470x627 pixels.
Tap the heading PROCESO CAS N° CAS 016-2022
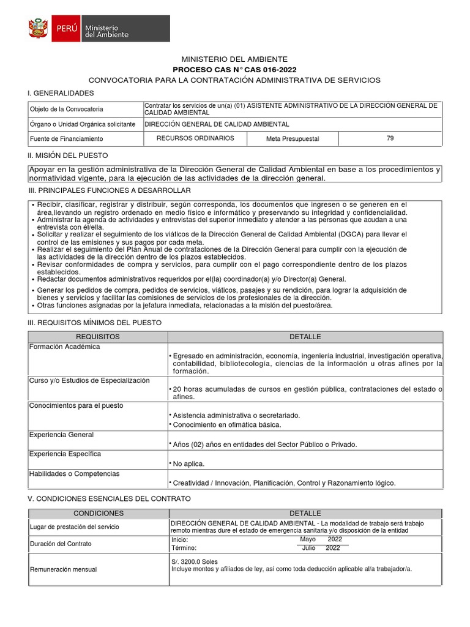[234, 70]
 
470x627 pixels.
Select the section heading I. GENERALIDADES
[60, 92]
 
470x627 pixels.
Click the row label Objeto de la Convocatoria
[67, 109]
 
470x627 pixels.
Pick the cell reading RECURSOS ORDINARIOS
[195, 138]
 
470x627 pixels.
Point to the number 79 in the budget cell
[390, 138]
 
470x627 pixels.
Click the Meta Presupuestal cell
[293, 139]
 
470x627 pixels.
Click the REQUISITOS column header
[98, 337]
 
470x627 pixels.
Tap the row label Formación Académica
[64, 347]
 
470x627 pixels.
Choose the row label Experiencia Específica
[65, 454]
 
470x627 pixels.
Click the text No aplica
[189, 464]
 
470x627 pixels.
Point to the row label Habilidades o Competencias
[75, 474]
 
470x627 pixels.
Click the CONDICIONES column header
[99, 513]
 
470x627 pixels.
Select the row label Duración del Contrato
[61, 544]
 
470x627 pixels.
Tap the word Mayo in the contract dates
[308, 539]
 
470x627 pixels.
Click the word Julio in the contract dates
[308, 549]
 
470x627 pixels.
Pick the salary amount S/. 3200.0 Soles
[195, 561]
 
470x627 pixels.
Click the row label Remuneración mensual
[64, 569]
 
